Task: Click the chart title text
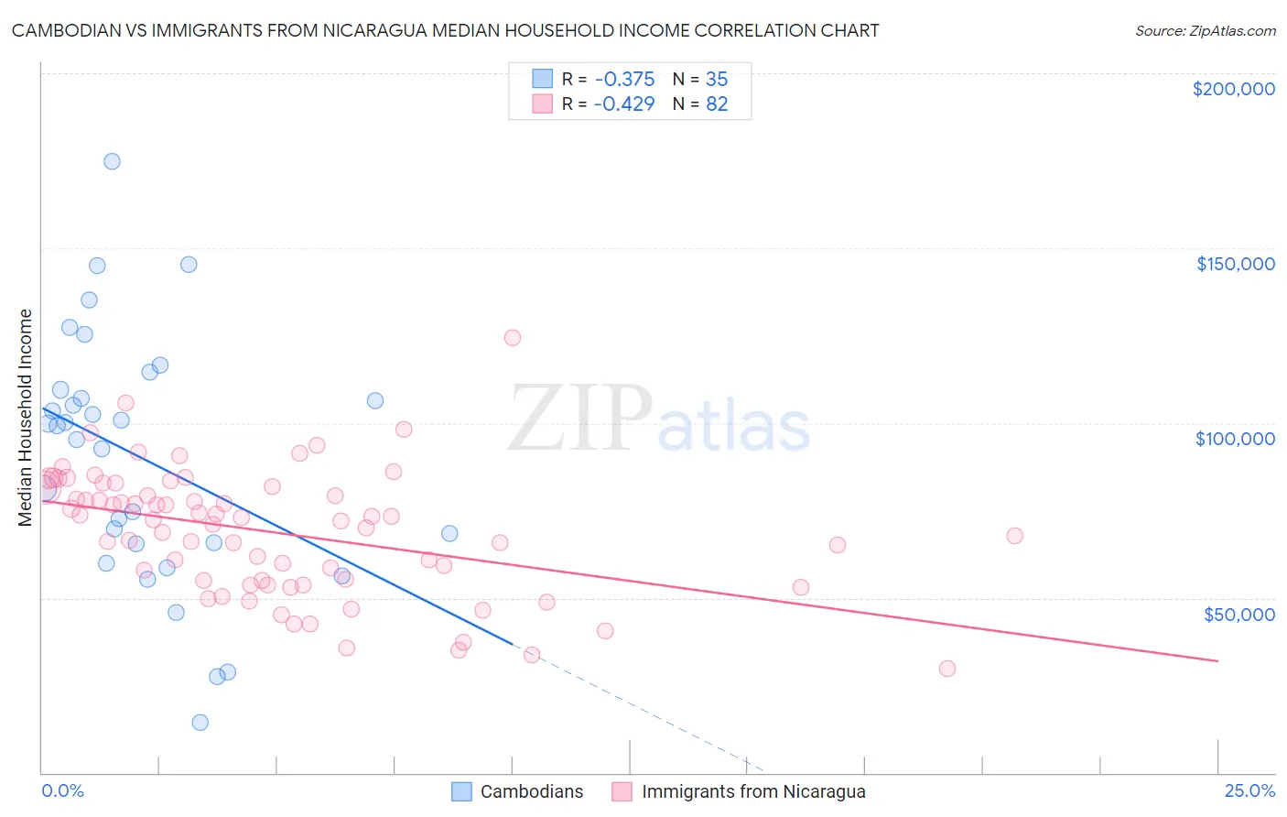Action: pyautogui.click(x=445, y=31)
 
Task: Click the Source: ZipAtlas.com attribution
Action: pyautogui.click(x=1205, y=31)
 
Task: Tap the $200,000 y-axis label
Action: pyautogui.click(x=1233, y=89)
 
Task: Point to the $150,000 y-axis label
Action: pyautogui.click(x=1235, y=264)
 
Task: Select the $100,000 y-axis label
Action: pyautogui.click(x=1235, y=439)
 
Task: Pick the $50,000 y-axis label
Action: pyautogui.click(x=1238, y=614)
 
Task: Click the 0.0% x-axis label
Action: pyautogui.click(x=62, y=791)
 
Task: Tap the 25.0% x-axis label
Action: pyautogui.click(x=1249, y=791)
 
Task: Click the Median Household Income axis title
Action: pyautogui.click(x=25, y=418)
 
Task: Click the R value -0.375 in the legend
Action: pyautogui.click(x=623, y=80)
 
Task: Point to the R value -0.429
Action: pyautogui.click(x=623, y=104)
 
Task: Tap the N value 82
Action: pyautogui.click(x=717, y=104)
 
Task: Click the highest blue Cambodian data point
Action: pyautogui.click(x=112, y=161)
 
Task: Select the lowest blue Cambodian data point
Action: pyautogui.click(x=200, y=722)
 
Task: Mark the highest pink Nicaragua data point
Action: pyautogui.click(x=513, y=338)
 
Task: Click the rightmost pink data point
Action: pyautogui.click(x=1014, y=536)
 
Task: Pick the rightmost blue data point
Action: pyautogui.click(x=449, y=533)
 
